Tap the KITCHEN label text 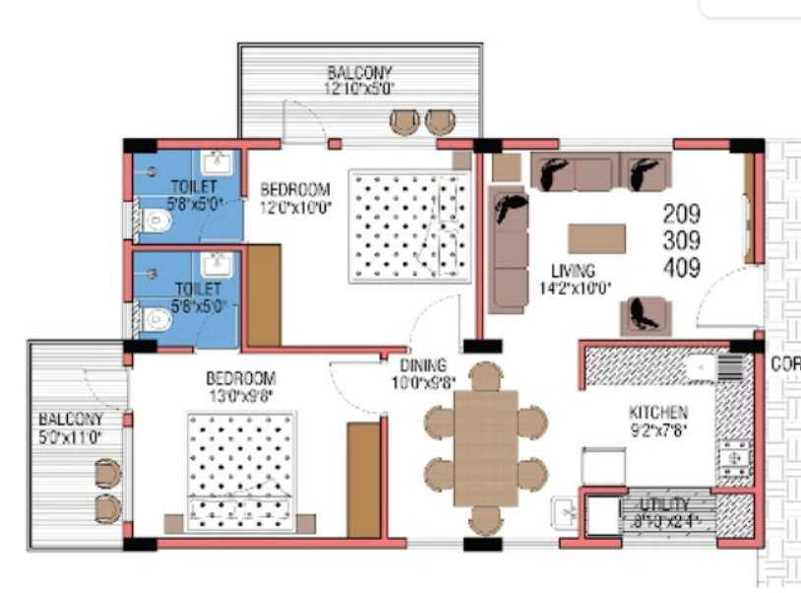click(658, 412)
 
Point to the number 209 click(681, 214)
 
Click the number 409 click(681, 267)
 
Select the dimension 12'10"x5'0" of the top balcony click(358, 88)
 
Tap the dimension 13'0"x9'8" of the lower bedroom click(241, 394)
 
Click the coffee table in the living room click(596, 238)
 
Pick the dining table click(485, 448)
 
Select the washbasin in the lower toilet click(216, 264)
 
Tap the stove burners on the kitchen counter click(733, 455)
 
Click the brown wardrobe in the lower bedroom click(363, 480)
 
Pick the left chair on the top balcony click(404, 121)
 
